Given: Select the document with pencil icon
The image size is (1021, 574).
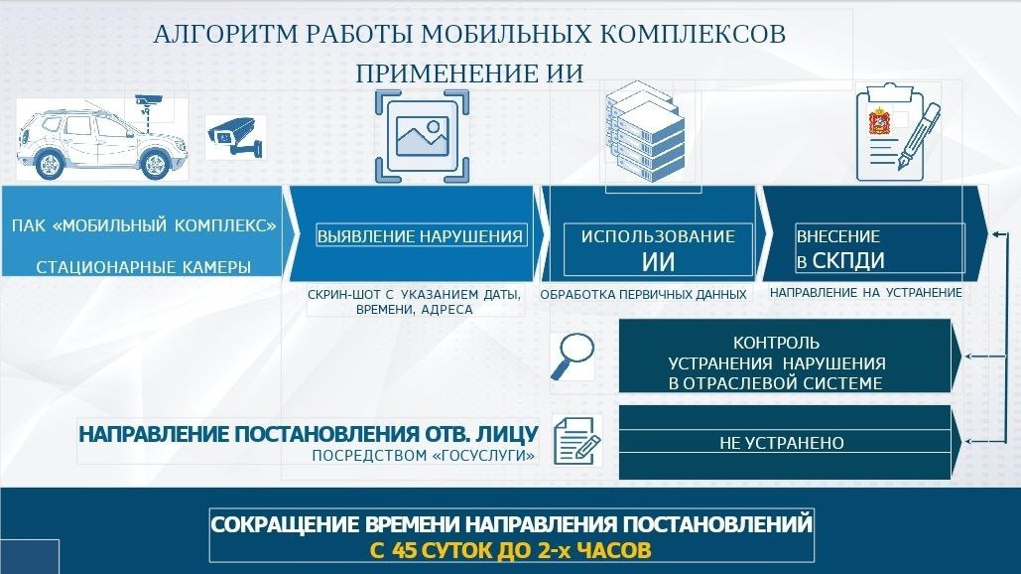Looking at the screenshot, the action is tap(575, 436).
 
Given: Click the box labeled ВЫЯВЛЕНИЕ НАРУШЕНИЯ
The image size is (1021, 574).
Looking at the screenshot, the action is tap(420, 236).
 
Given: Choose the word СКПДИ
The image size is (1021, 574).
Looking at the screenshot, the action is tap(848, 261).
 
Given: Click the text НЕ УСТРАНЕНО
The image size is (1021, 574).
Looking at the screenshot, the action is tap(781, 443).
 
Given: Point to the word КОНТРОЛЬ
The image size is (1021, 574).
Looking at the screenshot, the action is tap(776, 344).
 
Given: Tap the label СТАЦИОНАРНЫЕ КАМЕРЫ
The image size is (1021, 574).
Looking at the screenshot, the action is tap(143, 267).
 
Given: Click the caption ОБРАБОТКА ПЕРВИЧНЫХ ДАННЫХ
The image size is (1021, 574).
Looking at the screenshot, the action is tap(643, 295).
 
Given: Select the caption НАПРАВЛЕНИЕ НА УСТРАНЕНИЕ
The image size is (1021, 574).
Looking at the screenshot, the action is tap(865, 293).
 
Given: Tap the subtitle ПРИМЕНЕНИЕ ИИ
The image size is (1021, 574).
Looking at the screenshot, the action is tap(469, 74).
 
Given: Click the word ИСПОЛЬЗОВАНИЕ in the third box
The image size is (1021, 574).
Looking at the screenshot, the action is tap(658, 236).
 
